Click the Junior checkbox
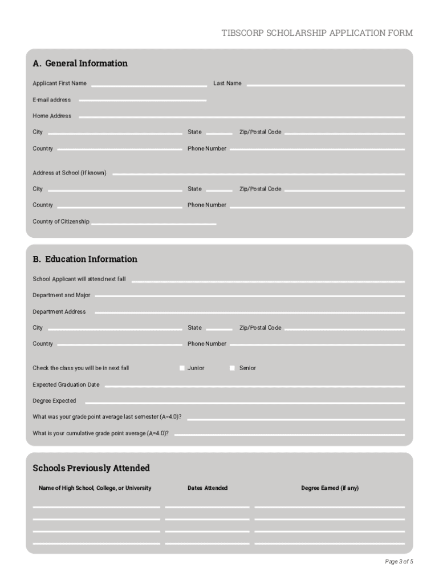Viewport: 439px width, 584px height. point(182,368)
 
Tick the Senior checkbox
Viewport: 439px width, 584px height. point(232,368)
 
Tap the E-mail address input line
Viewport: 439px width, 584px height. point(143,100)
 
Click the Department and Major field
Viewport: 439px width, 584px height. point(249,295)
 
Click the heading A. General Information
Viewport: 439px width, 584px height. point(80,63)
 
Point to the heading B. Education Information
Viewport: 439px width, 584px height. point(85,259)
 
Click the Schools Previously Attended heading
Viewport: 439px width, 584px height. point(91,468)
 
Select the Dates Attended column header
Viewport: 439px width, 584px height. point(208,488)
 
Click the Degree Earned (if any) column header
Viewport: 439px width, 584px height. point(330,488)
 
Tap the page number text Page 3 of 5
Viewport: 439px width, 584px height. point(399,562)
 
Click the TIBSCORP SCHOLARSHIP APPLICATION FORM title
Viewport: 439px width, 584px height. point(317,33)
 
